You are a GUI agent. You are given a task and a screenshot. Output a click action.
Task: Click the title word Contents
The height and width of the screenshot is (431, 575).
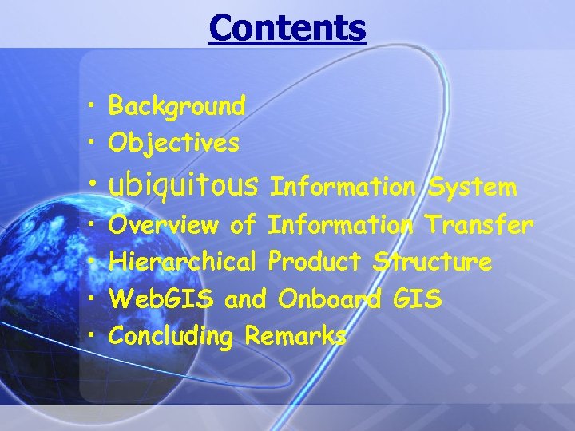pyautogui.click(x=287, y=27)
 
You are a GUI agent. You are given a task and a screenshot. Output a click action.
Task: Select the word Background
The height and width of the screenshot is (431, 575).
pyautogui.click(x=176, y=105)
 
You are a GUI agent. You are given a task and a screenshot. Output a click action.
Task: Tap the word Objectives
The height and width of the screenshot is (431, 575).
pyautogui.click(x=173, y=144)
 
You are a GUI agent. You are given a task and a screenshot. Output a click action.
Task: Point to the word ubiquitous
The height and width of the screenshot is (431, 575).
pyautogui.click(x=183, y=187)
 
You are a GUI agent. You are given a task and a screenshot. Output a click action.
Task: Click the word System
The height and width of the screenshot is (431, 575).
pyautogui.click(x=472, y=188)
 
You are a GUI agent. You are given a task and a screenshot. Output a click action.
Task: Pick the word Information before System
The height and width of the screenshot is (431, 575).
pyautogui.click(x=343, y=188)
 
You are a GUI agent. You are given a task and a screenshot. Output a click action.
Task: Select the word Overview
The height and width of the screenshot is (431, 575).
pyautogui.click(x=165, y=226)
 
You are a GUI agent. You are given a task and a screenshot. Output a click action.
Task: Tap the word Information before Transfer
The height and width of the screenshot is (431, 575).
pyautogui.click(x=341, y=226)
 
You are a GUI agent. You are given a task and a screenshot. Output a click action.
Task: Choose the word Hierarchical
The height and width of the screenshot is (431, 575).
pyautogui.click(x=182, y=262)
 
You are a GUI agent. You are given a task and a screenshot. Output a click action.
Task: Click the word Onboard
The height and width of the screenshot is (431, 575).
pyautogui.click(x=329, y=299)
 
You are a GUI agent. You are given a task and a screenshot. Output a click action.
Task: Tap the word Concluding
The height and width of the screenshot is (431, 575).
pyautogui.click(x=170, y=337)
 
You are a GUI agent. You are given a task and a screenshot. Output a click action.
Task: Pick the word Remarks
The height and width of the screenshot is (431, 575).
pyautogui.click(x=295, y=336)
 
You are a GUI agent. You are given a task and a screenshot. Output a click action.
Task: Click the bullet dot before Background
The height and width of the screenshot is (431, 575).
pyautogui.click(x=94, y=106)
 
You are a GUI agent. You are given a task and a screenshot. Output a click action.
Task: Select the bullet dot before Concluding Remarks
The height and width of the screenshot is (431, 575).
pyautogui.click(x=94, y=336)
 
